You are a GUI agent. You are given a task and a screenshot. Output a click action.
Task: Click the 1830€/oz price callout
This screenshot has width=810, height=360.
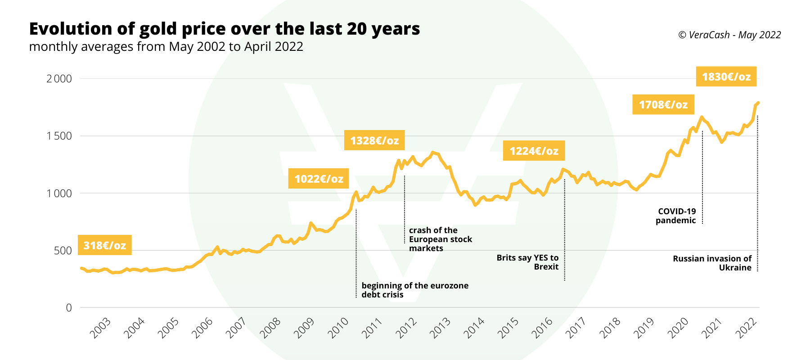(x=726, y=76)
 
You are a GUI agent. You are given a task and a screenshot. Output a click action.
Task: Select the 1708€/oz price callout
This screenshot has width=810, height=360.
(x=663, y=104)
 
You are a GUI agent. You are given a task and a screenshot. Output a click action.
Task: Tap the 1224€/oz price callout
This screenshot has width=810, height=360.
(x=534, y=151)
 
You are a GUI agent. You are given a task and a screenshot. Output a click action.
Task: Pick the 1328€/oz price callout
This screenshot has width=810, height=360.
(x=374, y=140)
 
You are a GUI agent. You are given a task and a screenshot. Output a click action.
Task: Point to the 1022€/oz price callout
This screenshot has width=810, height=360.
(x=319, y=179)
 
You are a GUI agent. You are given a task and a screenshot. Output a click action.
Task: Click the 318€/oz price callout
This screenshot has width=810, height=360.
(x=104, y=245)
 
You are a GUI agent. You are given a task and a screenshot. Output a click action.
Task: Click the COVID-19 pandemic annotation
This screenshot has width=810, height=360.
(x=676, y=216)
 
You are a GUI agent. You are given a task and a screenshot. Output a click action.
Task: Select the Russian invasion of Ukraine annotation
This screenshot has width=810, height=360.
(x=712, y=263)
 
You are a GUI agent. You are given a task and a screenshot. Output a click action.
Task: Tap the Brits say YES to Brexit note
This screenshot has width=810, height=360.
(x=528, y=262)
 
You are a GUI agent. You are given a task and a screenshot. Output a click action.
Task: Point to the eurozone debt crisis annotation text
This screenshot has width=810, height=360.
(x=414, y=290)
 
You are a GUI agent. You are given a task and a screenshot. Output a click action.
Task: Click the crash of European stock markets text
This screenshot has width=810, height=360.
(x=440, y=239)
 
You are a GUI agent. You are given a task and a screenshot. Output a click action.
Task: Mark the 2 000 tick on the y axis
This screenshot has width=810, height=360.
(x=59, y=79)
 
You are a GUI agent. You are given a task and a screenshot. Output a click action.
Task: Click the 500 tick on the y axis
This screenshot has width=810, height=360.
(x=63, y=251)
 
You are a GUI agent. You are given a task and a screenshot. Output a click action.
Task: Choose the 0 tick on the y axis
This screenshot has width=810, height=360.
(x=69, y=308)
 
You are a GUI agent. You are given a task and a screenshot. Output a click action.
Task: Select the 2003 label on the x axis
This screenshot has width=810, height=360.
(x=100, y=328)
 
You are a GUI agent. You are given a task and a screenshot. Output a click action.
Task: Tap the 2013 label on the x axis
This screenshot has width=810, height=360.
(x=440, y=328)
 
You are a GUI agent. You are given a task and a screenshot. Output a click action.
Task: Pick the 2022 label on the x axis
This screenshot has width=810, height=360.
(x=746, y=328)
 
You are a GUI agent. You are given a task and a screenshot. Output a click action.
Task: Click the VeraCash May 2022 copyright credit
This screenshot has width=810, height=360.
(x=729, y=35)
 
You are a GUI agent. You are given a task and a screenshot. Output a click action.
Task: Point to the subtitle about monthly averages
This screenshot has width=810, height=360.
(x=166, y=47)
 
